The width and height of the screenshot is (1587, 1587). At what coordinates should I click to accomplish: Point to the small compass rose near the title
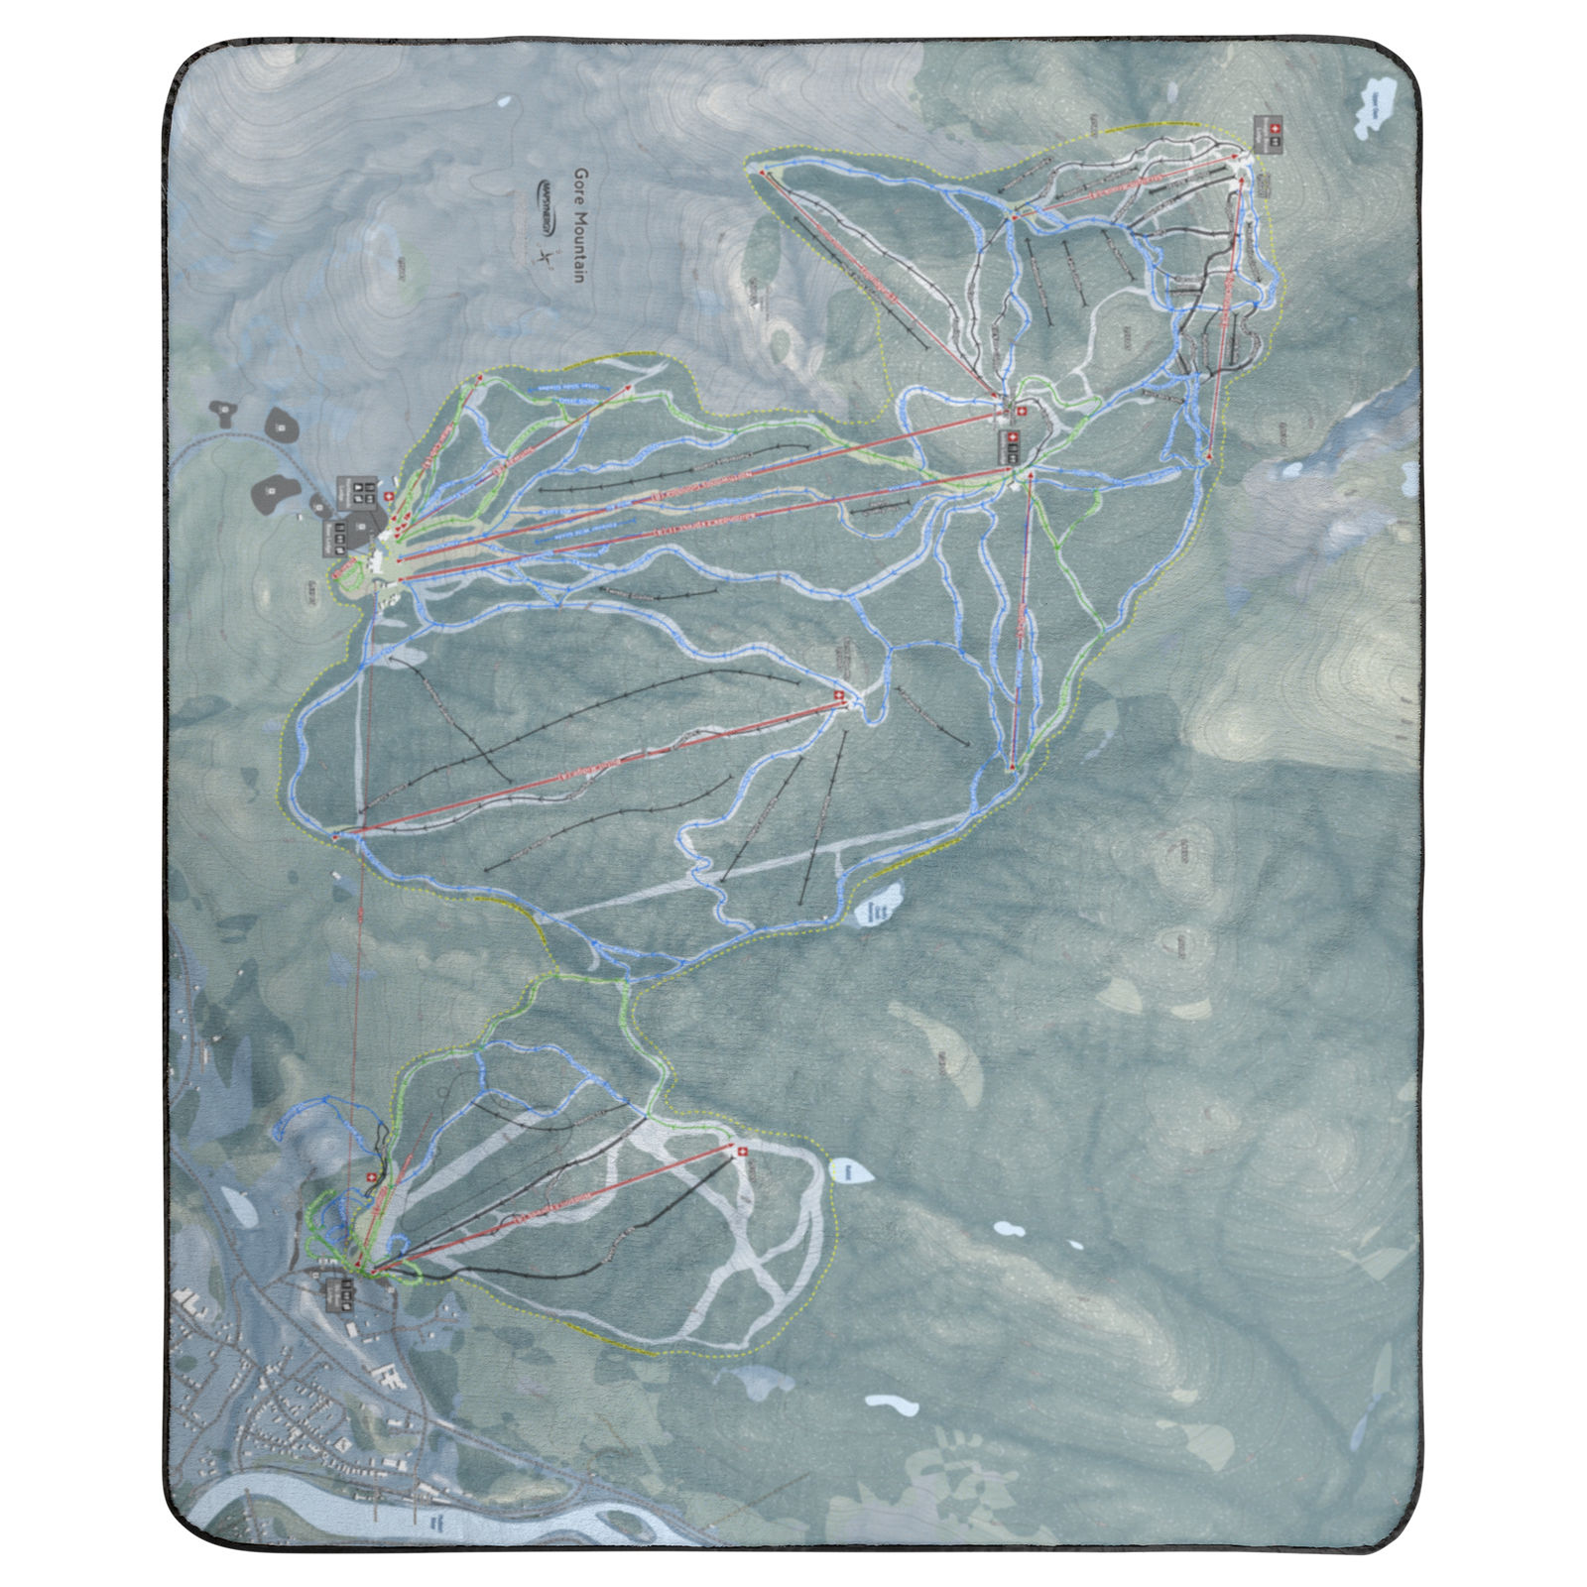coord(544,256)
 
